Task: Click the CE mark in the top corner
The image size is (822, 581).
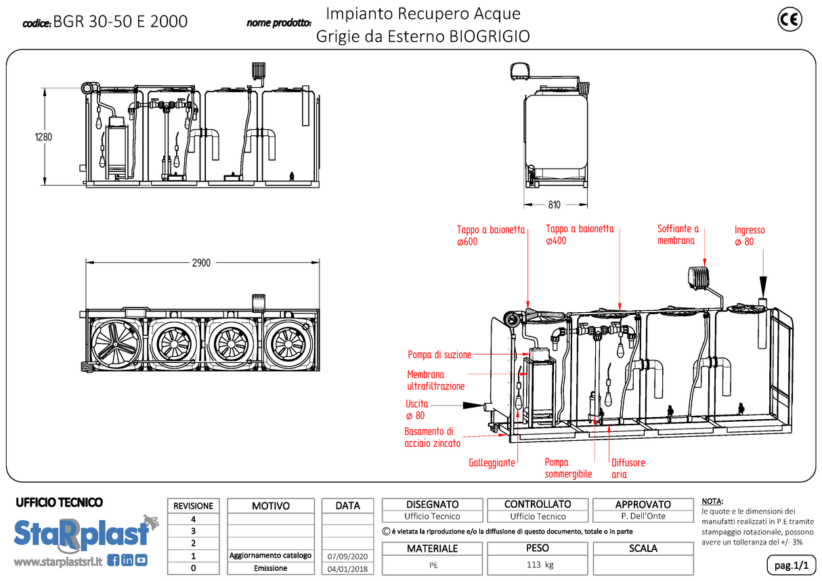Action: [789, 20]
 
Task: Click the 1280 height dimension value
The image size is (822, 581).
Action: [43, 136]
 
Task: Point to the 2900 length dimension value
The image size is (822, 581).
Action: [201, 263]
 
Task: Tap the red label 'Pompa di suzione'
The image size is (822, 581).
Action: [439, 355]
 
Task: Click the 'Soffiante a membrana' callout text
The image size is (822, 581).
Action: [678, 234]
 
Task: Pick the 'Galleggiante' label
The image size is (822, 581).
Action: [492, 463]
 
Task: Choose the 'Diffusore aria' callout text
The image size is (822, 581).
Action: [628, 469]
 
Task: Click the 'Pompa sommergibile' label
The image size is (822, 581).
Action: [568, 469]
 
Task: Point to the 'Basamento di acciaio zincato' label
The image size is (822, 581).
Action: [432, 437]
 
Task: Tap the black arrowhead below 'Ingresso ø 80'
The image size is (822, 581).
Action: [763, 284]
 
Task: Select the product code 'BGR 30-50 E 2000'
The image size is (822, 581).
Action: [120, 22]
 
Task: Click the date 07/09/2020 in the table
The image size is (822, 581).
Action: [347, 556]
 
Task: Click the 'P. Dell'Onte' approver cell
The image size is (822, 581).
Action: [643, 516]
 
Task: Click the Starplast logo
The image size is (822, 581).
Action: [82, 532]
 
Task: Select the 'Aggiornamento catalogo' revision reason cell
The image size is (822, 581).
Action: [271, 555]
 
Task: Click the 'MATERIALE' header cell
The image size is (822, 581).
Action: [432, 548]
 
